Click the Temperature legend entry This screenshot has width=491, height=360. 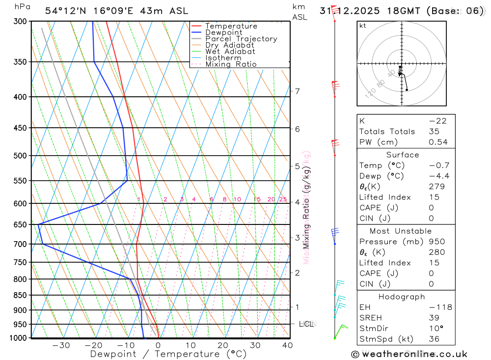pyautogui.click(x=231, y=26)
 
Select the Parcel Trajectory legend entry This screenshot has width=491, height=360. pyautogui.click(x=241, y=39)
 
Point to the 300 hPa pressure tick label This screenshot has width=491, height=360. pyautogui.click(x=20, y=22)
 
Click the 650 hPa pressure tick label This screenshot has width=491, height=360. pyautogui.click(x=20, y=225)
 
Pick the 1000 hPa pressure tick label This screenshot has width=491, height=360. pyautogui.click(x=18, y=338)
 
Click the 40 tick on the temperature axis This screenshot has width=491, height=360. pyautogui.click(x=287, y=345)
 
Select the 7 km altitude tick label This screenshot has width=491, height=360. pyautogui.click(x=297, y=91)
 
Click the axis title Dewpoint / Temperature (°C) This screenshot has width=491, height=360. pyautogui.click(x=168, y=354)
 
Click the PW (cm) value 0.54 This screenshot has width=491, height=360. pyautogui.click(x=438, y=142)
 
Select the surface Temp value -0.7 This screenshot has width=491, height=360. pyautogui.click(x=439, y=166)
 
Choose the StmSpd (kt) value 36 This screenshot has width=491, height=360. pyautogui.click(x=435, y=339)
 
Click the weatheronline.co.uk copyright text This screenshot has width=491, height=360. pyautogui.click(x=409, y=354)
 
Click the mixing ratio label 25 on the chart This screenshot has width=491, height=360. pyautogui.click(x=283, y=199)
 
